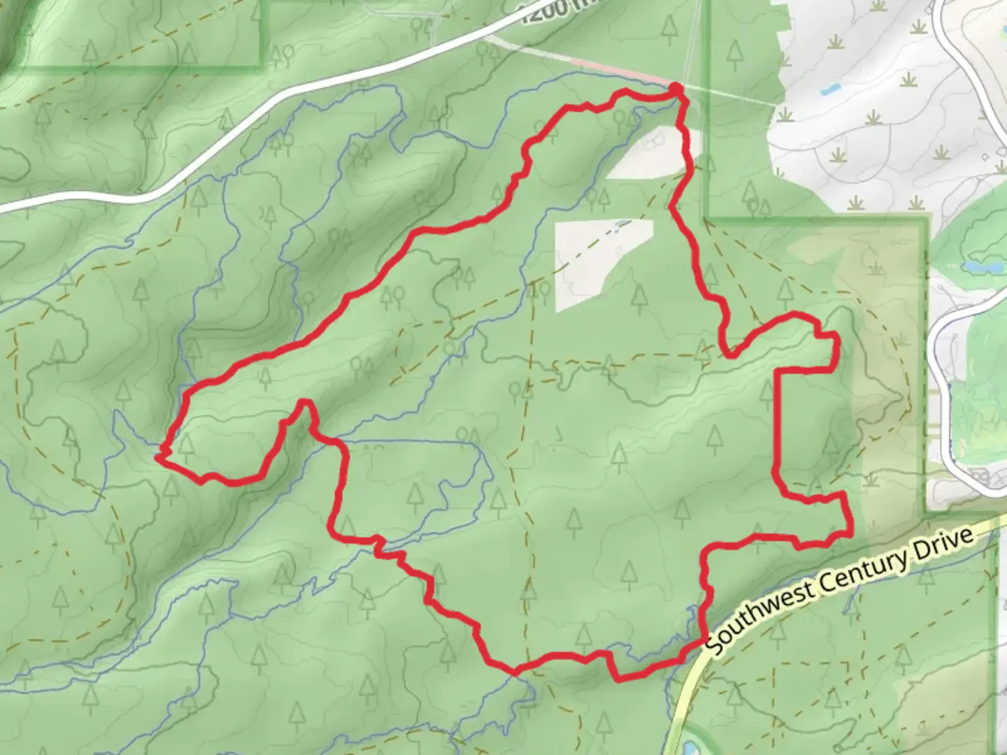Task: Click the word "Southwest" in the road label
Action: pyautogui.click(x=759, y=614)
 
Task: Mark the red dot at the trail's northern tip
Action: pyautogui.click(x=676, y=88)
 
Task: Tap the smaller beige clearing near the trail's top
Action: pyautogui.click(x=647, y=152)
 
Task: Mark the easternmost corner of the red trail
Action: pyautogui.click(x=849, y=533)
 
